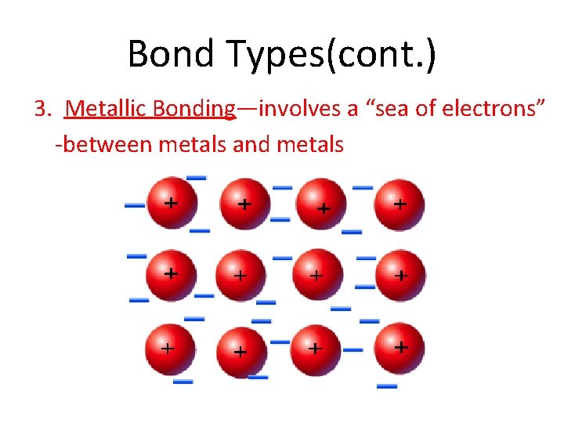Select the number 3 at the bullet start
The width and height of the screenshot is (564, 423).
point(41,108)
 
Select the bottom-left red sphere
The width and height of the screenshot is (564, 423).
point(168,349)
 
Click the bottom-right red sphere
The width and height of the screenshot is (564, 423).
point(397,349)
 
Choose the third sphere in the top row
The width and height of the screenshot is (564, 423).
point(320,204)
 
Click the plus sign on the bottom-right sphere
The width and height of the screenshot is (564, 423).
point(402,345)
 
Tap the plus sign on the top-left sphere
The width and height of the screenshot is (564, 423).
point(170,201)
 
